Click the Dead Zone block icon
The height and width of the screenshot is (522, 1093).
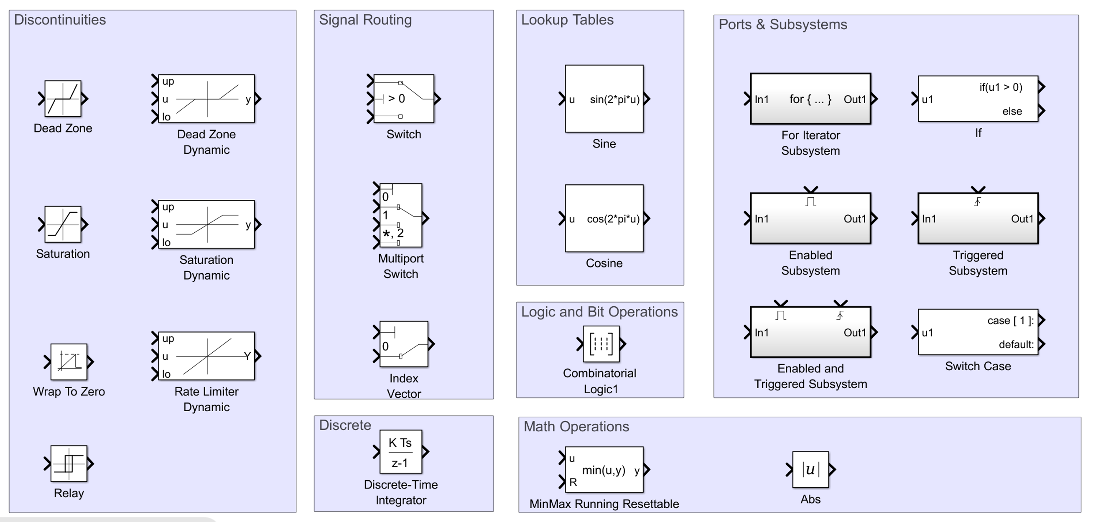coord(63,99)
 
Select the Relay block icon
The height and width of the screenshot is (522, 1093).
coord(69,463)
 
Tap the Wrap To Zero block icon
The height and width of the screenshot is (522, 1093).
coord(69,362)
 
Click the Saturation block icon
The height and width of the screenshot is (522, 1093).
coord(63,224)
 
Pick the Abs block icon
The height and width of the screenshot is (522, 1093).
coord(810,469)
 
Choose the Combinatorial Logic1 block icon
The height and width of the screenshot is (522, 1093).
coord(601,344)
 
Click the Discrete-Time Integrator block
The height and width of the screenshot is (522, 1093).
coord(400,451)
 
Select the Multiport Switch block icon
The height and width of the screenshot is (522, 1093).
coord(400,215)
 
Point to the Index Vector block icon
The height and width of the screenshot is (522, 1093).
coord(403,344)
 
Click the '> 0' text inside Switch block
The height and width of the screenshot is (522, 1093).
coord(396,99)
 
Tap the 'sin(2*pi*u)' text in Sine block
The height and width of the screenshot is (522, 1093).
coord(614,99)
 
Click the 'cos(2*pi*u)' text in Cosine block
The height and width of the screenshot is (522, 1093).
coord(613,219)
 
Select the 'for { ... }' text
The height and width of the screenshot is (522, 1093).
coord(810,99)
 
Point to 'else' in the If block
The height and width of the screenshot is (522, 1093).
coord(1012,111)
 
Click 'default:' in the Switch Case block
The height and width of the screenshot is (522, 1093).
coord(1016,344)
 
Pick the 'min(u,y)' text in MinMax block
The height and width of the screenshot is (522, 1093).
coord(604,470)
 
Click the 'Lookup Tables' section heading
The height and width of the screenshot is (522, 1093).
coord(567,20)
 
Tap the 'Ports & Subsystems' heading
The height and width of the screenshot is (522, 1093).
coord(783,25)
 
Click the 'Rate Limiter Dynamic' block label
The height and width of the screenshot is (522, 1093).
coord(206,399)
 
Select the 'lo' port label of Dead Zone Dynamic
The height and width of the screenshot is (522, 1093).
coord(166,117)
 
